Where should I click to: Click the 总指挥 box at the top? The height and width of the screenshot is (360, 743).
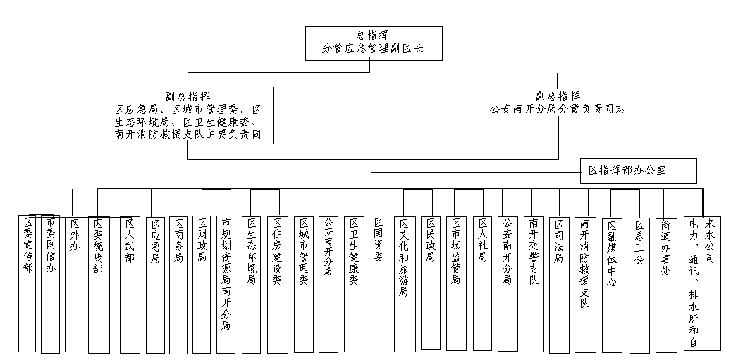click(x=374, y=43)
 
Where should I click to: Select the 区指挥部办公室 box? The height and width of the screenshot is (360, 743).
click(x=638, y=170)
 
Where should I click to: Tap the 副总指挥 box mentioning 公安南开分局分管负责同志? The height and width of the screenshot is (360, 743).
click(x=559, y=102)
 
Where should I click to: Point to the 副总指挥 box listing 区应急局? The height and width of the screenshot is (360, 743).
click(x=189, y=115)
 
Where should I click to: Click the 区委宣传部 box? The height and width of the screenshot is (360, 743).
click(x=27, y=283)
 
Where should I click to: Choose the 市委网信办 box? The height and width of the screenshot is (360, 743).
click(x=50, y=284)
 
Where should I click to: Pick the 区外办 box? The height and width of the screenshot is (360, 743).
click(x=73, y=284)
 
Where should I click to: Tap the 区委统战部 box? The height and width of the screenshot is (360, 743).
click(x=99, y=285)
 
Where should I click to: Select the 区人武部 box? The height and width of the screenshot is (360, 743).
click(x=130, y=285)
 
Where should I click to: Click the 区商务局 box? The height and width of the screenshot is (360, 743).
click(x=178, y=285)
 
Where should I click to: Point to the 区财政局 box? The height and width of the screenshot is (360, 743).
click(x=202, y=285)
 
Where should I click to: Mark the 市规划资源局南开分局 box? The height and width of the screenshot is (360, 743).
click(x=226, y=285)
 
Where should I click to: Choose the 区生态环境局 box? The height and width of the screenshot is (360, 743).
click(x=251, y=285)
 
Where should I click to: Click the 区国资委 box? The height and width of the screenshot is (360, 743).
click(x=379, y=284)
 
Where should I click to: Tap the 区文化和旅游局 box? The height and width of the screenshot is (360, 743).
click(x=405, y=284)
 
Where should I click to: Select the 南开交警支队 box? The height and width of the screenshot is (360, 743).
click(x=534, y=284)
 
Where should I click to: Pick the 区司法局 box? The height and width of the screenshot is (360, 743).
click(x=559, y=285)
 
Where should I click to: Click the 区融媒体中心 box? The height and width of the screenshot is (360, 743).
click(x=611, y=285)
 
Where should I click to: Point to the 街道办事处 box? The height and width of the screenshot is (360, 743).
click(x=665, y=285)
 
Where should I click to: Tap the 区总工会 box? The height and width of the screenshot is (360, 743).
click(x=639, y=285)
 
